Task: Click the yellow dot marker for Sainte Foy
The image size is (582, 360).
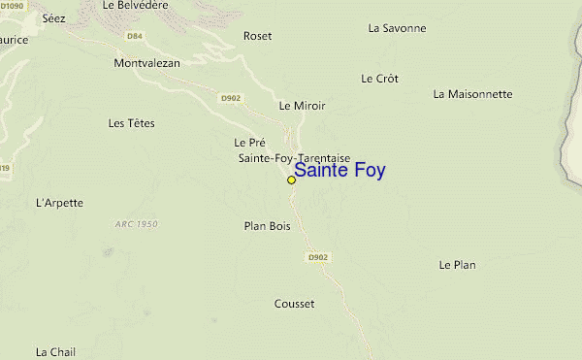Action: click(291, 180)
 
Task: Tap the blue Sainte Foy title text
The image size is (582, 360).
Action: click(339, 171)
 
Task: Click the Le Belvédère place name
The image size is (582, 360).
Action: click(135, 5)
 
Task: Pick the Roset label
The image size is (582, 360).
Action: click(258, 36)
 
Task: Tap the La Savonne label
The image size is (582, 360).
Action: click(397, 28)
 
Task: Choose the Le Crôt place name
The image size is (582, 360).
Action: click(379, 79)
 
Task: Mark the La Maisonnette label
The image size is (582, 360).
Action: click(472, 94)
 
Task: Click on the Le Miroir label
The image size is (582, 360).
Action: click(302, 105)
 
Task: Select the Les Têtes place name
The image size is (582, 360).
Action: click(132, 123)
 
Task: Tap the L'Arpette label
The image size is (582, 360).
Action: click(59, 203)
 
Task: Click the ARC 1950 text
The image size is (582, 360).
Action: click(135, 224)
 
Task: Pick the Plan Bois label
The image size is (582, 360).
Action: click(267, 226)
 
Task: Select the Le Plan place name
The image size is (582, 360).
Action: click(457, 264)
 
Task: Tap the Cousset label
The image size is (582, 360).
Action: click(294, 304)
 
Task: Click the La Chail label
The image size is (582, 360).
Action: click(55, 351)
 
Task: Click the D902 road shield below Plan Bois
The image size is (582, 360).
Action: click(318, 257)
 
